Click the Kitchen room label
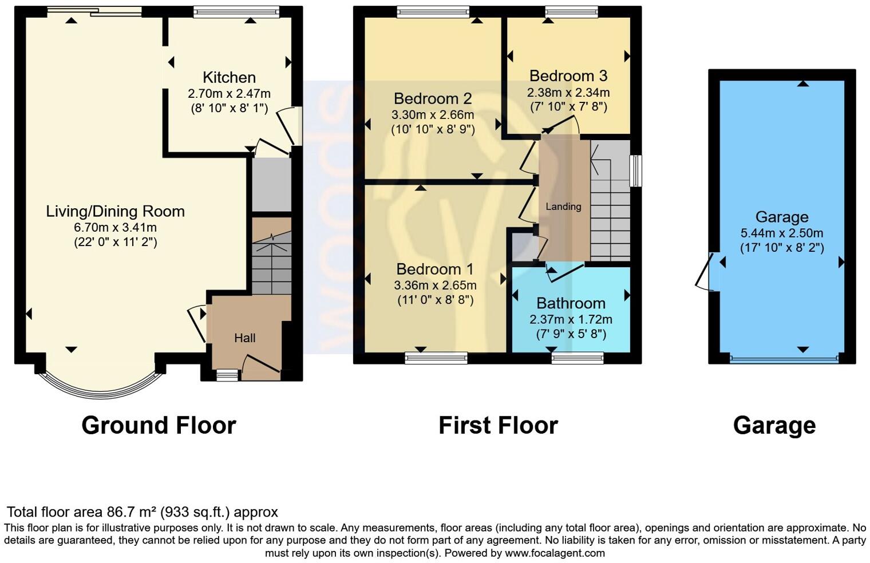click(x=229, y=77)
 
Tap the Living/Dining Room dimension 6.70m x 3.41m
click(x=115, y=227)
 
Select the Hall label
click(x=244, y=338)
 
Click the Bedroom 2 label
click(x=432, y=98)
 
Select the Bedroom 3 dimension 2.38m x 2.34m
click(x=568, y=92)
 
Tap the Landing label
click(x=563, y=207)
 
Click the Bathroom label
click(x=571, y=303)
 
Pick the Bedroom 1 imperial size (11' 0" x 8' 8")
click(x=435, y=300)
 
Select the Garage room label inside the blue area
click(x=781, y=217)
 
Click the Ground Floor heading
click(x=159, y=426)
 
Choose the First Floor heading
click(x=498, y=426)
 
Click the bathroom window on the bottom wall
click(x=577, y=358)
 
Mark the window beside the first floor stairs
click(x=635, y=171)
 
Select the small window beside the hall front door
click(x=227, y=375)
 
